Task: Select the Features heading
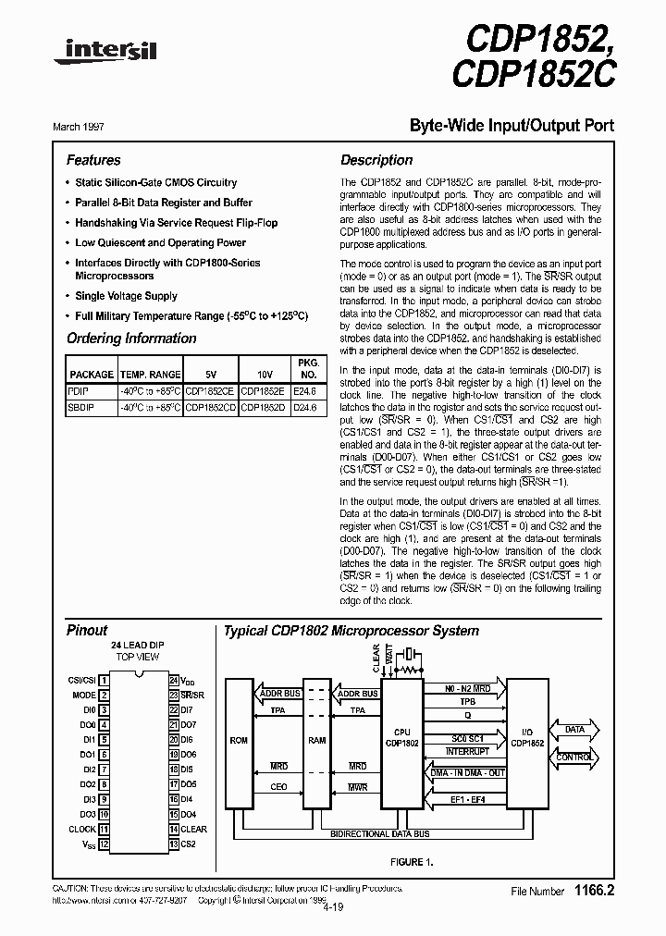pos(93,160)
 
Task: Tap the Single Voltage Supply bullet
pos(126,296)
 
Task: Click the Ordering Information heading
pos(131,339)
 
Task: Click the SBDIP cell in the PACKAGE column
pos(81,405)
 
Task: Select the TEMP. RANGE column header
pos(150,375)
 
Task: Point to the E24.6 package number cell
pos(305,391)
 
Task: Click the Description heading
pos(376,160)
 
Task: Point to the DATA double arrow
pos(574,730)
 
